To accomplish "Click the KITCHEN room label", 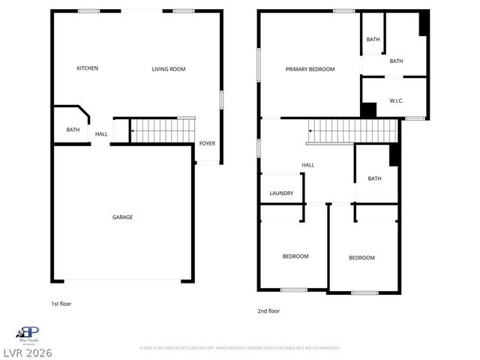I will coord(88,68).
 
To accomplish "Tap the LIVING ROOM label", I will coord(169,69).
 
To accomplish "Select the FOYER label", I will coord(207,143).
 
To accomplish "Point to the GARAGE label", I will coord(123,217).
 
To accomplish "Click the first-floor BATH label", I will coord(73,130).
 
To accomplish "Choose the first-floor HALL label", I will coord(101,134).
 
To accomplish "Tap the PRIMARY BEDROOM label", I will coord(310,69).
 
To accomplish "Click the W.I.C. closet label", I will coord(397,100).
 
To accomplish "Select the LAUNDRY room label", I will coord(281,193).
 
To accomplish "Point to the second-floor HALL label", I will coord(308,165).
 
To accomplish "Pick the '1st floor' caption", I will coord(61,304).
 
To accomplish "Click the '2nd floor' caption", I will coord(268,310).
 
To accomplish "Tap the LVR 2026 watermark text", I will coord(27,352).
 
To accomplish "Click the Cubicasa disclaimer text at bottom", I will coord(240,348).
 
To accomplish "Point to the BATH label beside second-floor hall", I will coord(375,178).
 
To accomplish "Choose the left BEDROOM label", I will coord(295,256).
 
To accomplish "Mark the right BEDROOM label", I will coord(361,258).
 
